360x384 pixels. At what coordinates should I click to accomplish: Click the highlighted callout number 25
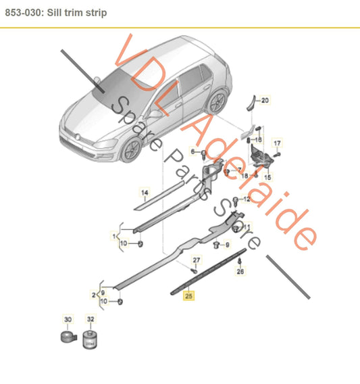[189, 295]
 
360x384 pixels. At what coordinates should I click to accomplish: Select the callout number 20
[265, 101]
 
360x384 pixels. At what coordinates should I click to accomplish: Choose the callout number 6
[193, 152]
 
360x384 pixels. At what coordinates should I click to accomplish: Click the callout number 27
[197, 260]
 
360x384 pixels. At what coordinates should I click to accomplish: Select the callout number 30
[68, 318]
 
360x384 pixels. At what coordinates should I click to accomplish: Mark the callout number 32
[91, 318]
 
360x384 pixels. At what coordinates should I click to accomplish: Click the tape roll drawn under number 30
[68, 337]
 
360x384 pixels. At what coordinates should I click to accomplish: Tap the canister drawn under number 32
[91, 339]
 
